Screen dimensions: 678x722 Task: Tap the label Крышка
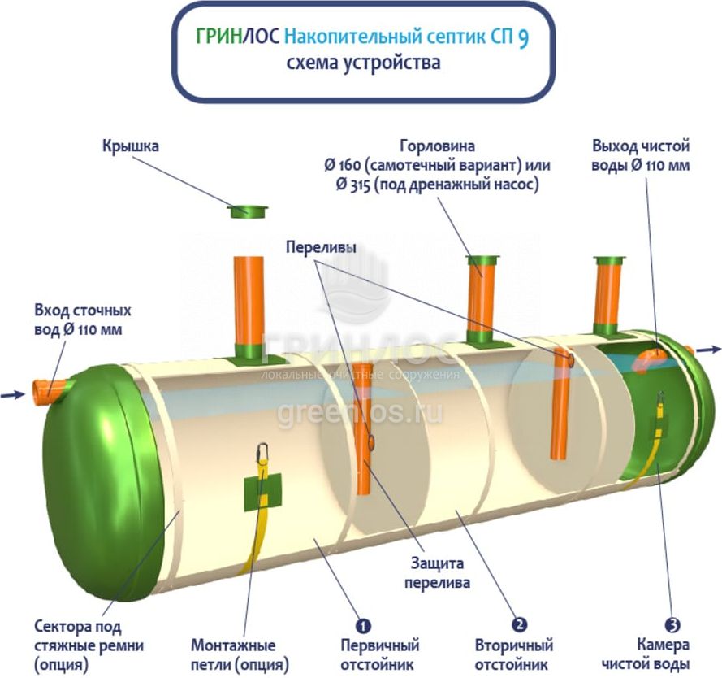click(x=130, y=147)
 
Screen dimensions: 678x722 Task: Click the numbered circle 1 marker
click(x=363, y=625)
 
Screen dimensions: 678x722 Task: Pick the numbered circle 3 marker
click(x=672, y=625)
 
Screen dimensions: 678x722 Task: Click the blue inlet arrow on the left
click(x=13, y=395)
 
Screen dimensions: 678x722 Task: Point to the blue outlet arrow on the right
click(x=709, y=350)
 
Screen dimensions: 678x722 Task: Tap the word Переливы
click(x=321, y=247)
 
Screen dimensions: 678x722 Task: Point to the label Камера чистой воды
click(x=665, y=655)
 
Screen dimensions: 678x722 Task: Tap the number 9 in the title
click(x=524, y=37)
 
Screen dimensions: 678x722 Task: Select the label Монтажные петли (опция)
click(x=240, y=655)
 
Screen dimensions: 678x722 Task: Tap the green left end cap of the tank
click(x=93, y=480)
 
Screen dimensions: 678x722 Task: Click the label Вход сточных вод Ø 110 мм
click(x=82, y=320)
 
